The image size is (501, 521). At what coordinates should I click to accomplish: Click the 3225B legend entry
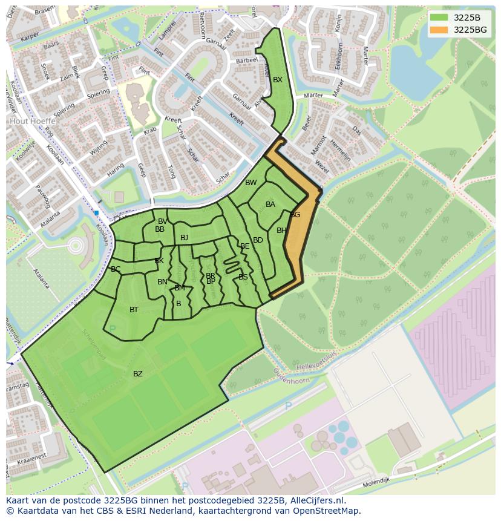pos(467,18)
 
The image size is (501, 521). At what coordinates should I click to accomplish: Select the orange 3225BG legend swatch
pos(440,30)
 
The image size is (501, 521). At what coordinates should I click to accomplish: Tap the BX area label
pos(278,80)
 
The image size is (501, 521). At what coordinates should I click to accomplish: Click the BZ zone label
pos(138,374)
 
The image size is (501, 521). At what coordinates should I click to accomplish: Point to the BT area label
pos(134,310)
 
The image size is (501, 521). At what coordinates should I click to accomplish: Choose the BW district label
pos(250,183)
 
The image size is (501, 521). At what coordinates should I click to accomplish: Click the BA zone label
pos(270,205)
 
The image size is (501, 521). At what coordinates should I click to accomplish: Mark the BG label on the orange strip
pos(295,215)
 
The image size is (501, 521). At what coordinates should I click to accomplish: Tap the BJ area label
pos(184,238)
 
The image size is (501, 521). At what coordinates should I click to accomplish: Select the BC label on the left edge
pos(116,269)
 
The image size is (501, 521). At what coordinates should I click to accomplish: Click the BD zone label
pos(258,240)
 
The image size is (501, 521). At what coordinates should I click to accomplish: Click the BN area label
pos(162,282)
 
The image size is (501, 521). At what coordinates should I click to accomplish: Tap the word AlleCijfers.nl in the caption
pos(318,500)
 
